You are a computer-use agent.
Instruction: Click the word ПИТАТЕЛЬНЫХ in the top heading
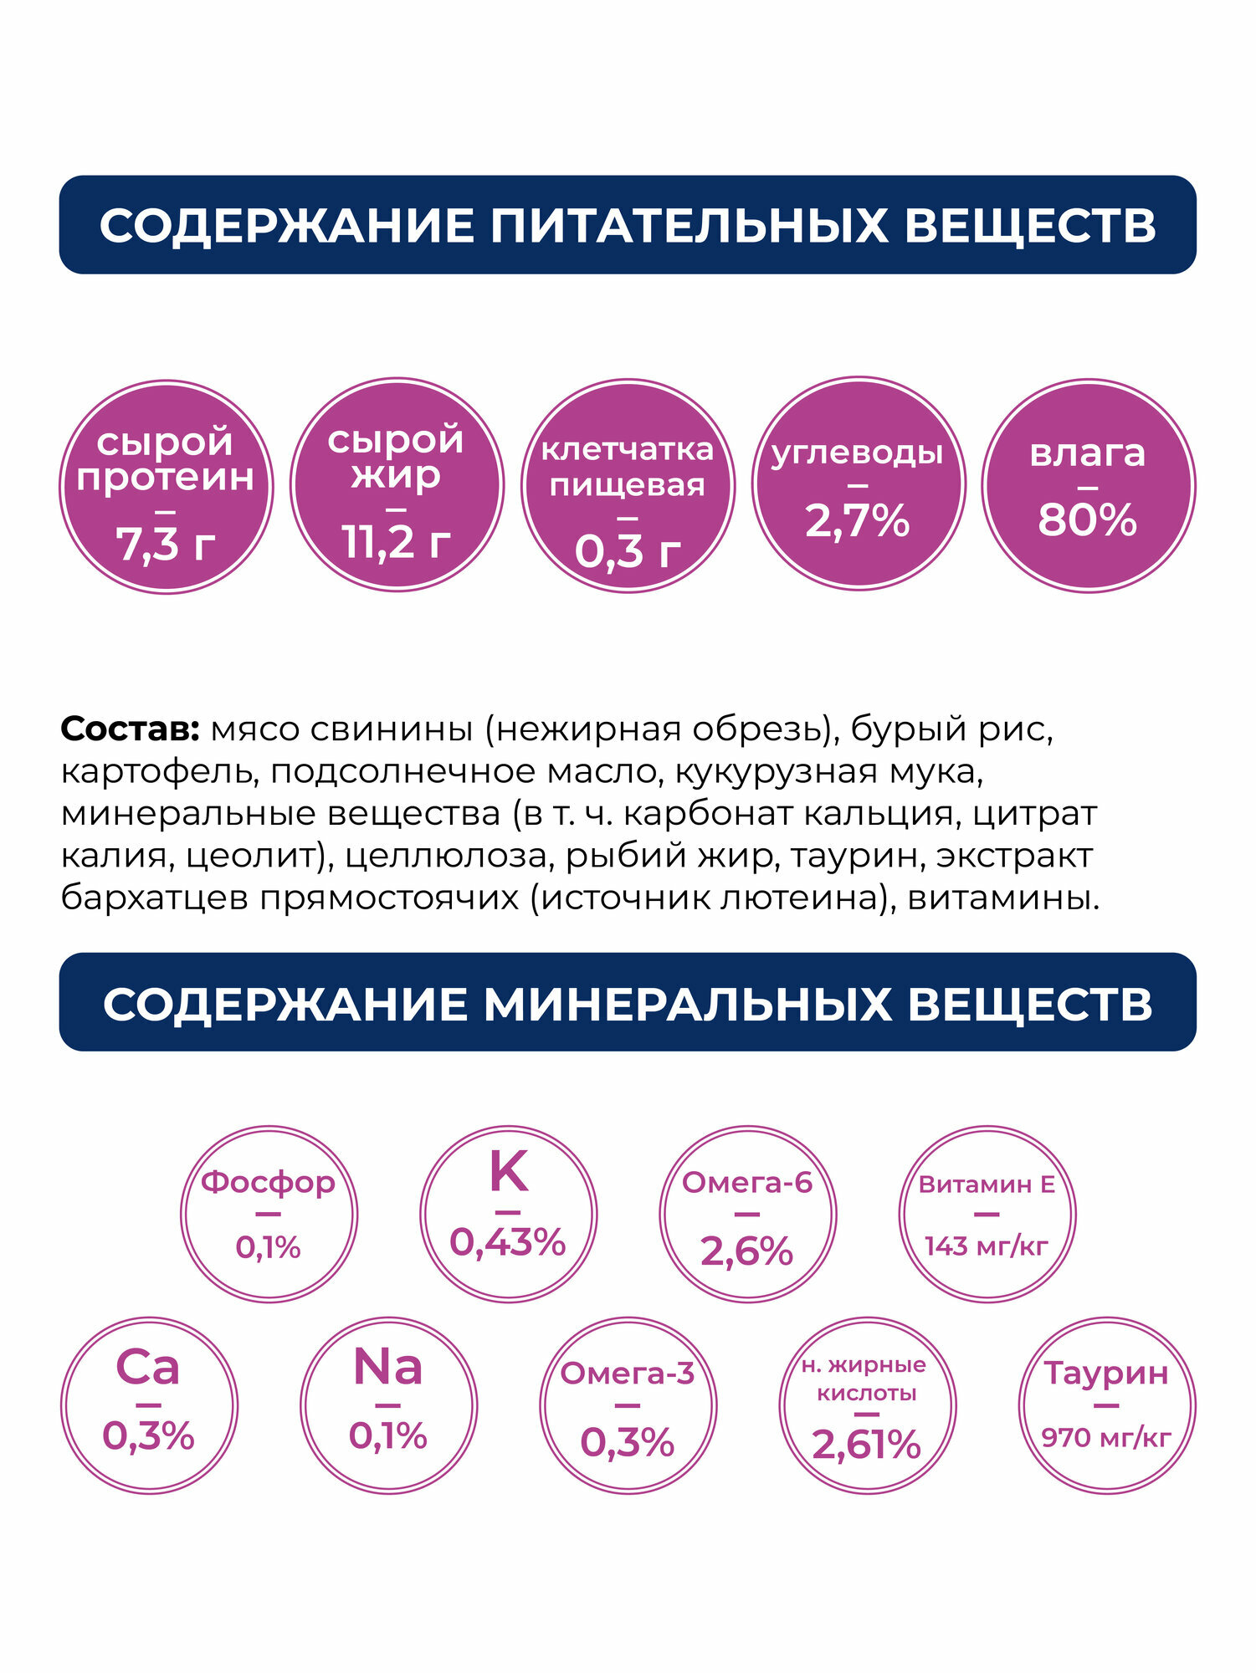[688, 226]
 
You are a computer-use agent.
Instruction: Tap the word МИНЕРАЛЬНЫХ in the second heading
[687, 1004]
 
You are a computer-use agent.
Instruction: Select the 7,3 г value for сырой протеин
[166, 545]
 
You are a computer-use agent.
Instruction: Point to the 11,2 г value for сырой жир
[397, 542]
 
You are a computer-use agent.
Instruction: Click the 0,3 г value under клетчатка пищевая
[628, 551]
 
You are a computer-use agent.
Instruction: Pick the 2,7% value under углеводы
[857, 520]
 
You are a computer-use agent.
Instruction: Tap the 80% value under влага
[1087, 519]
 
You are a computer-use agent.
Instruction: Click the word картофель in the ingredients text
[159, 771]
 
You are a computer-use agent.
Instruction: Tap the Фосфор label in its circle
[268, 1182]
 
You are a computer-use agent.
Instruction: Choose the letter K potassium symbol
[508, 1172]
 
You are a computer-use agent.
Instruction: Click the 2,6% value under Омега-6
[746, 1251]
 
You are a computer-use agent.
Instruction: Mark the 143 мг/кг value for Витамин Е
[986, 1246]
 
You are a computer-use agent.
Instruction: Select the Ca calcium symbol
[148, 1367]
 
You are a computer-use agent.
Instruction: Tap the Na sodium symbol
[387, 1367]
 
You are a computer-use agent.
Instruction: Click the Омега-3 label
[627, 1374]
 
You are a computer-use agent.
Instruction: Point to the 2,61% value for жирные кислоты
[866, 1445]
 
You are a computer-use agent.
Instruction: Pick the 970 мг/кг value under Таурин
[1105, 1438]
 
